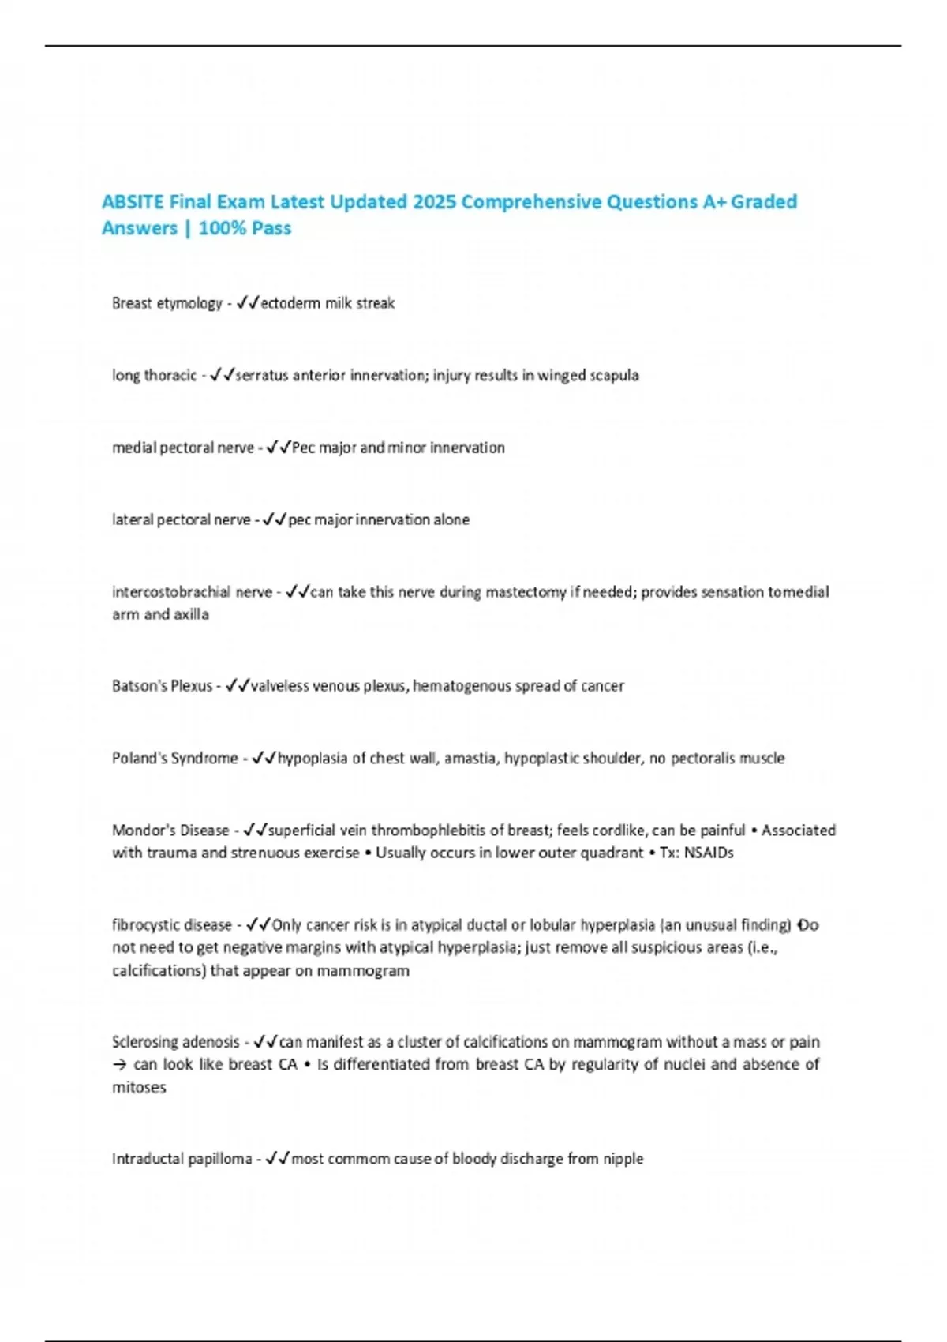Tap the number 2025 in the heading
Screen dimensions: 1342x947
[434, 202]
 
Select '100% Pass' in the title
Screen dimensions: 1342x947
[245, 228]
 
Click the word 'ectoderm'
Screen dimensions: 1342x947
[290, 303]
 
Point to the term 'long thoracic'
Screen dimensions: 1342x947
[154, 376]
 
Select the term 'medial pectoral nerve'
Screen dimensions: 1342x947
[182, 448]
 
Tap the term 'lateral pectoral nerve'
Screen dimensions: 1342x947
[181, 519]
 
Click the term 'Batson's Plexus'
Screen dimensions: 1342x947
[162, 686]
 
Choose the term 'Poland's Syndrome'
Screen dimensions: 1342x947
[174, 758]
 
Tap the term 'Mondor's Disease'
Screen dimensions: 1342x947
[170, 830]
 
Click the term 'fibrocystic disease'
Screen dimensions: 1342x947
[172, 924]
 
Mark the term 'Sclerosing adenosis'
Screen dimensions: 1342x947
[175, 1042]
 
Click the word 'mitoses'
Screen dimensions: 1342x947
[139, 1087]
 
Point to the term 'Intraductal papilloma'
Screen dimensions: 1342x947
[182, 1159]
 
